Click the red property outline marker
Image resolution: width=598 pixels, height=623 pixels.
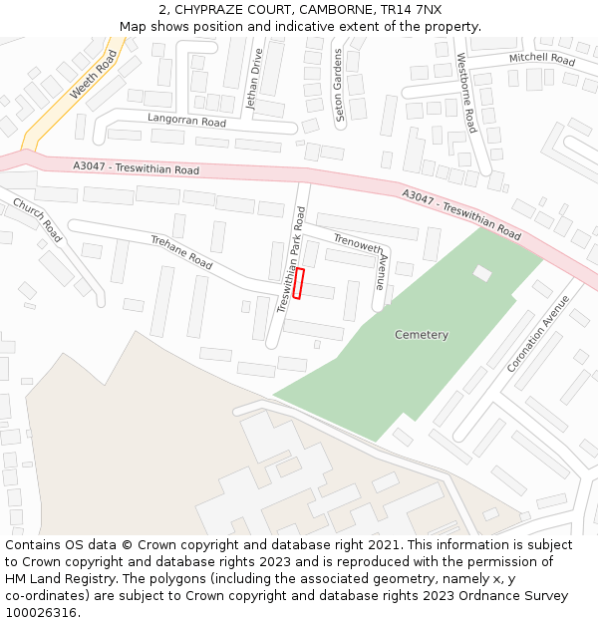click(298, 283)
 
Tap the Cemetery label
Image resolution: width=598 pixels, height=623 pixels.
click(422, 335)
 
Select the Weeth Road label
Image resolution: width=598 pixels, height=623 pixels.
click(94, 75)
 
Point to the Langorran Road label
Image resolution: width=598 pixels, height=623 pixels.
click(186, 121)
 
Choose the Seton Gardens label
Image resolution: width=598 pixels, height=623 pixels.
click(339, 86)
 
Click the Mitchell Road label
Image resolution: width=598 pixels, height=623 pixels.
click(542, 60)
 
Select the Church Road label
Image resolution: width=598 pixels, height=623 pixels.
click(38, 220)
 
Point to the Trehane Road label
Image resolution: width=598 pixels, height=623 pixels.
click(181, 252)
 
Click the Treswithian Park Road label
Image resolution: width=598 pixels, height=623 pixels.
click(290, 260)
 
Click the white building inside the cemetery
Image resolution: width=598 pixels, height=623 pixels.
click(482, 272)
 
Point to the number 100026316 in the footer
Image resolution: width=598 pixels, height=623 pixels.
click(43, 613)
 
